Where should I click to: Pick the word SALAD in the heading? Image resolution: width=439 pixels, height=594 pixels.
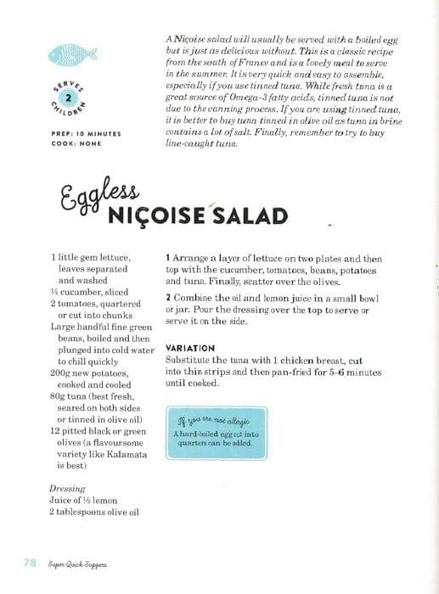(246, 217)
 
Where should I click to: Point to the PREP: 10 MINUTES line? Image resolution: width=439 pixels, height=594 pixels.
(86, 134)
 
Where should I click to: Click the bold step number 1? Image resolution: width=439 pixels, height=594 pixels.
(168, 256)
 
